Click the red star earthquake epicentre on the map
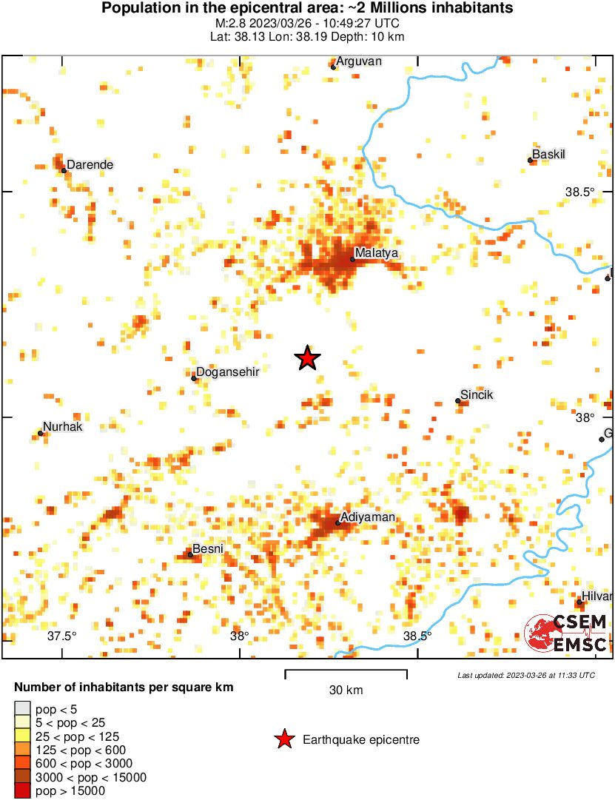307,358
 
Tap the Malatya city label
377,253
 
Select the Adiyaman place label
368,517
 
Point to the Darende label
90,164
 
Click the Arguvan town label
359,61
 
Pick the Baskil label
548,155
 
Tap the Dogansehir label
227,372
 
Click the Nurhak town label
62,427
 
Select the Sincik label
477,395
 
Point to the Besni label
207,549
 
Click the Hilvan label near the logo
597,596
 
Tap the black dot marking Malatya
352,260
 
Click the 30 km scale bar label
346,690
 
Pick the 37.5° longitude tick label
62,636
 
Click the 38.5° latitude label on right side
579,192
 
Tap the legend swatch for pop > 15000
23,791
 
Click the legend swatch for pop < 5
23,709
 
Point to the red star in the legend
283,739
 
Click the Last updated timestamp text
525,675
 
